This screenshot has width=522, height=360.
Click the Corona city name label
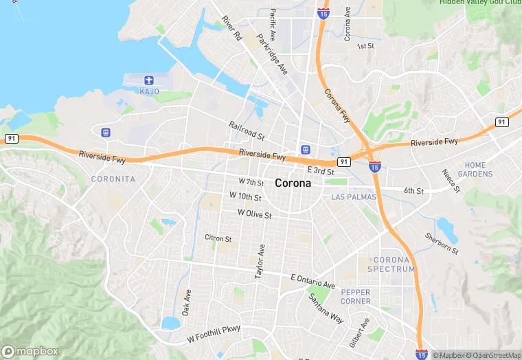[x=293, y=183]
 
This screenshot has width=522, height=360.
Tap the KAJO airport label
[x=149, y=91]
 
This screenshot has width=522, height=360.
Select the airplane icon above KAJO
[x=149, y=80]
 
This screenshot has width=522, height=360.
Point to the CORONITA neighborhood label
[x=113, y=179]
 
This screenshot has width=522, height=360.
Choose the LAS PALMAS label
[x=354, y=197]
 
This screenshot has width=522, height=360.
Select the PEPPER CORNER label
[x=356, y=297]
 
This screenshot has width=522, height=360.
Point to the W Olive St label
[x=255, y=214]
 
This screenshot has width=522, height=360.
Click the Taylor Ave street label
[x=260, y=260]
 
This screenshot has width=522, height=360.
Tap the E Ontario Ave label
[x=313, y=281]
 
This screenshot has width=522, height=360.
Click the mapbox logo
[x=30, y=351]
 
